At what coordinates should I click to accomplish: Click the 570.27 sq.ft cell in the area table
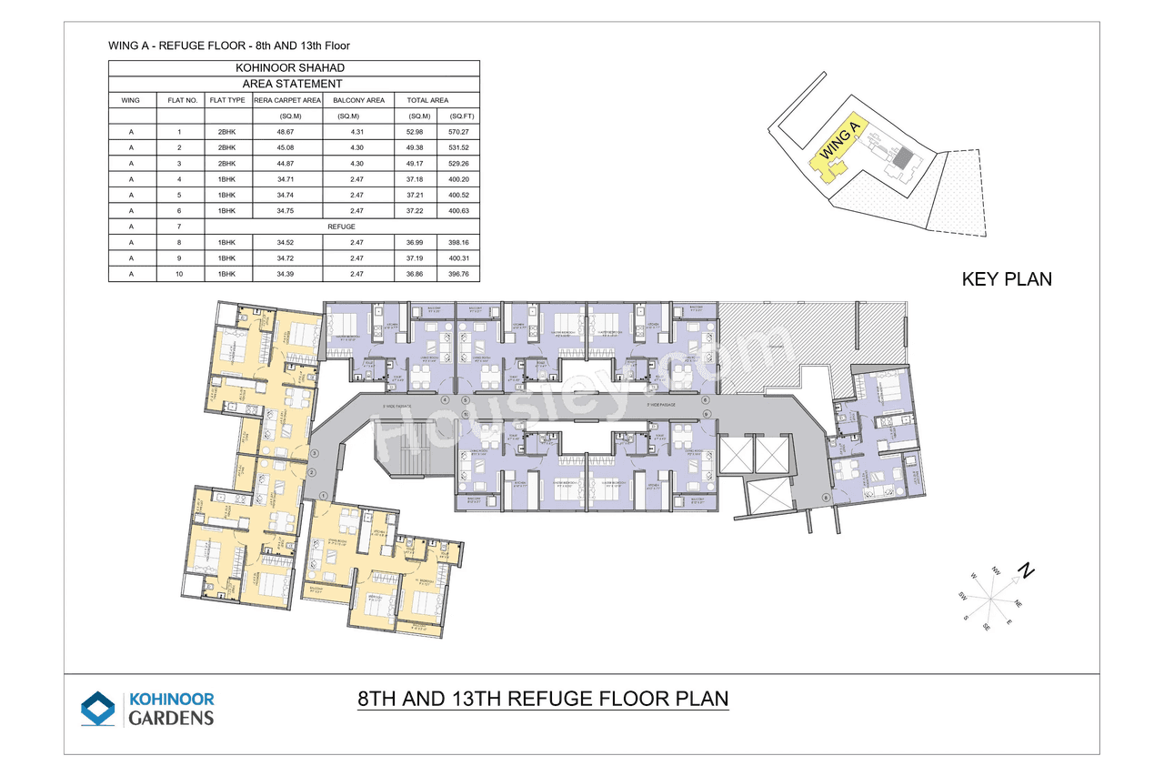pyautogui.click(x=458, y=131)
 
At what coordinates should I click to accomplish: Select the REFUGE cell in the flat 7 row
pyautogui.click(x=342, y=227)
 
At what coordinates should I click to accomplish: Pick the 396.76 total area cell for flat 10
pyautogui.click(x=458, y=274)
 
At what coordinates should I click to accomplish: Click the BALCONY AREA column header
pyautogui.click(x=358, y=100)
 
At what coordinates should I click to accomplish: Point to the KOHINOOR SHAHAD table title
pyautogui.click(x=294, y=68)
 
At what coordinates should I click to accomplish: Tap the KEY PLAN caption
pyautogui.click(x=1007, y=279)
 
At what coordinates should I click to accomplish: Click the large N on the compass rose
pyautogui.click(x=1026, y=571)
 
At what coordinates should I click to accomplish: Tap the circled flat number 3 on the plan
pyautogui.click(x=314, y=453)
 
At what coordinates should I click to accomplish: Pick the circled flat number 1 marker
pyautogui.click(x=323, y=495)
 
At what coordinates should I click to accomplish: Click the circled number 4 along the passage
pyautogui.click(x=445, y=399)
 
